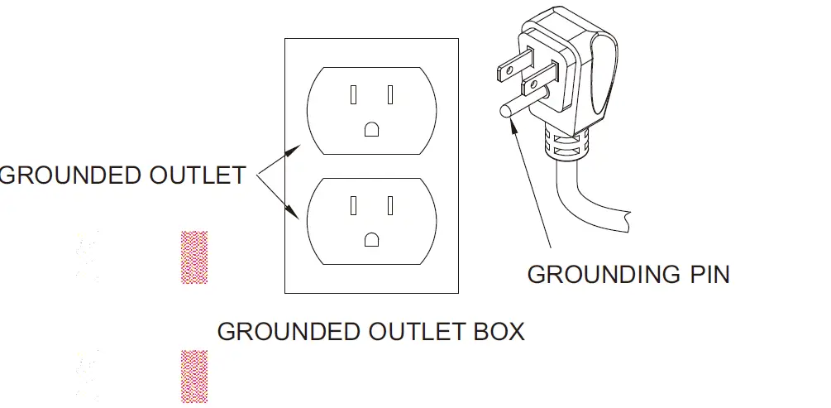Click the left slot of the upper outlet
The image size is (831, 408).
(x=354, y=95)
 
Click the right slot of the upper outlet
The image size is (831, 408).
(x=389, y=95)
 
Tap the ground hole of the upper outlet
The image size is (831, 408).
(x=372, y=128)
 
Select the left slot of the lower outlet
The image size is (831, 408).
(x=354, y=204)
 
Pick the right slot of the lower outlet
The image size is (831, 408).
(x=389, y=204)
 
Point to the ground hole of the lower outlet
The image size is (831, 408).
(x=372, y=239)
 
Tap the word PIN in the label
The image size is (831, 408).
(x=704, y=274)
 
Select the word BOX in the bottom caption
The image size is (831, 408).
(x=494, y=332)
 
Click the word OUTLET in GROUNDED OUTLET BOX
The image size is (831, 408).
(x=404, y=332)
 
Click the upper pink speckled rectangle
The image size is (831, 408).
(x=194, y=257)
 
